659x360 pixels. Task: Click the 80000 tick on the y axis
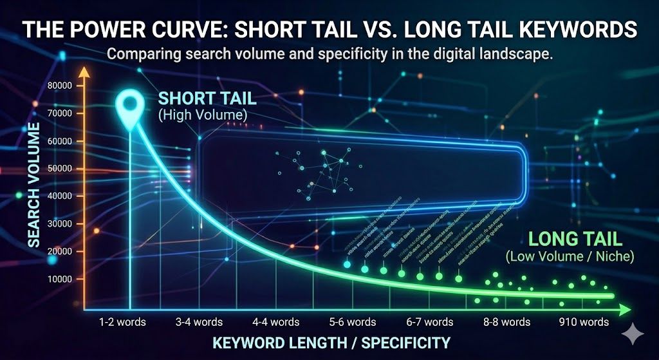click(x=60, y=86)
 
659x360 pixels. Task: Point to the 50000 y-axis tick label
click(x=60, y=169)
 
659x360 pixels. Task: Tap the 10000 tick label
click(x=60, y=279)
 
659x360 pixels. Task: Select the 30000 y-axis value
click(x=60, y=224)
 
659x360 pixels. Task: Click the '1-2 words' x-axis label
click(x=123, y=321)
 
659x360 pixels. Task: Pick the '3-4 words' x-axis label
click(x=200, y=321)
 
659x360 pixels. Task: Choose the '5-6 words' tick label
click(x=353, y=321)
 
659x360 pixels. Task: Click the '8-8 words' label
click(x=507, y=321)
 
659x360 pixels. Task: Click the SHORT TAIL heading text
click(x=207, y=99)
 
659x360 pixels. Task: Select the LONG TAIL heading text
click(x=575, y=240)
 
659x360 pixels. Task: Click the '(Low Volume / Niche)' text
click(x=570, y=256)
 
